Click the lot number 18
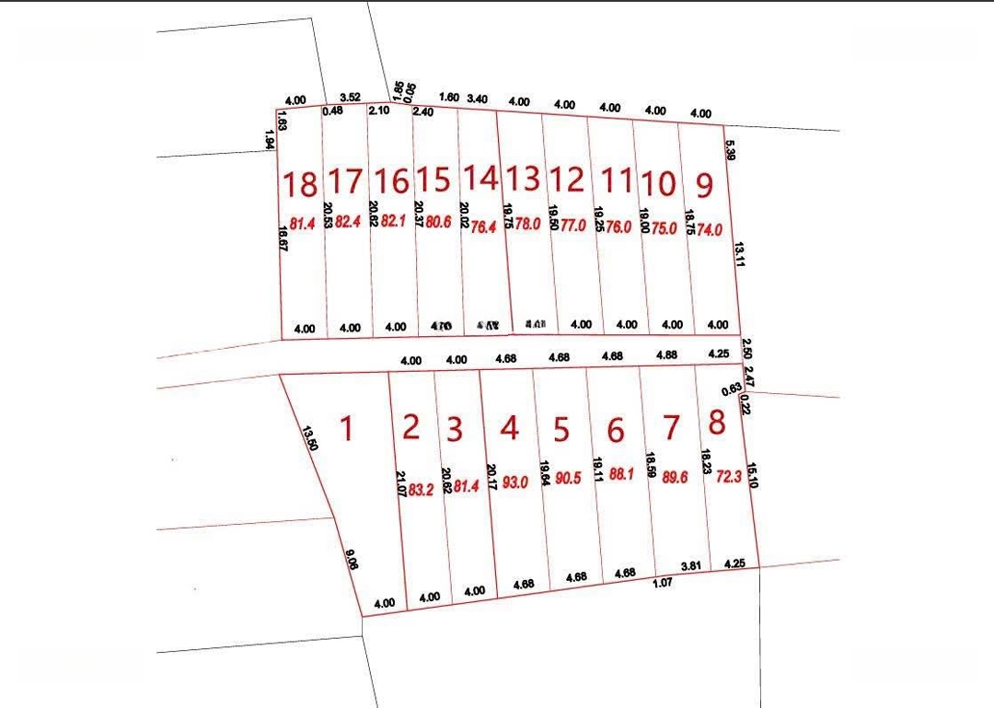(x=300, y=185)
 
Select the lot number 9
(x=704, y=185)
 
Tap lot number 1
(x=346, y=428)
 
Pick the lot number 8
(x=717, y=423)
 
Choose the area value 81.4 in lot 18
(x=303, y=224)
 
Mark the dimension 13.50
(x=310, y=437)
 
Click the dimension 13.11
(x=738, y=253)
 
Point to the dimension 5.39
(x=729, y=150)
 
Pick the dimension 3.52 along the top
(x=349, y=97)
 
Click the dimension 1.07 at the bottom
(x=663, y=582)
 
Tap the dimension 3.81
(x=690, y=564)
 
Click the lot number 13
(x=524, y=177)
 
